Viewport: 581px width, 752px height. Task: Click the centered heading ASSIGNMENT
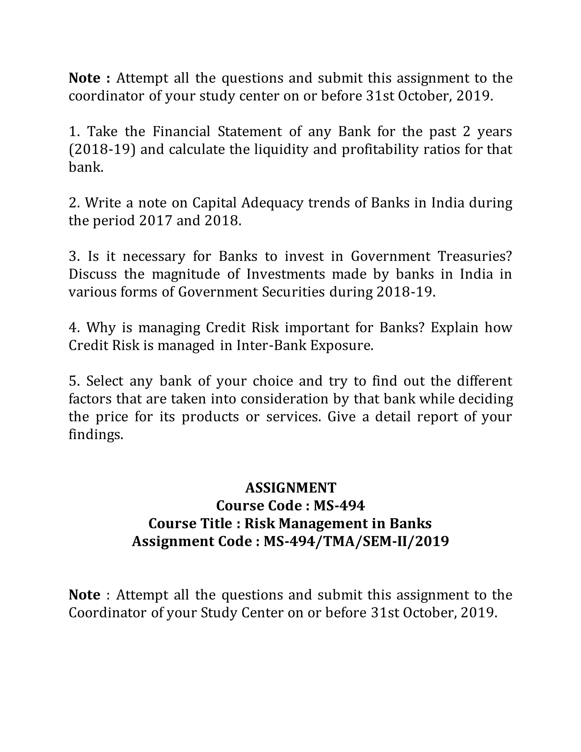coord(290,488)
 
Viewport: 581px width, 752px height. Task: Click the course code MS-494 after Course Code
coord(339,506)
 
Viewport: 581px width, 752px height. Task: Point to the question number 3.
coord(73,257)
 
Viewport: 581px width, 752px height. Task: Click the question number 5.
coord(73,381)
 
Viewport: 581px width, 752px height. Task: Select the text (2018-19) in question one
coord(102,150)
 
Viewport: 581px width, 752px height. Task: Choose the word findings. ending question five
coord(96,435)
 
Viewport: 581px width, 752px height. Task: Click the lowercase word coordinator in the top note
coord(106,96)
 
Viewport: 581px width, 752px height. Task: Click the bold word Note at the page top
coord(84,78)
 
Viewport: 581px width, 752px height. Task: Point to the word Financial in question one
coord(181,132)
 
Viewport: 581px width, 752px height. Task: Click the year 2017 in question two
coord(155,221)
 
